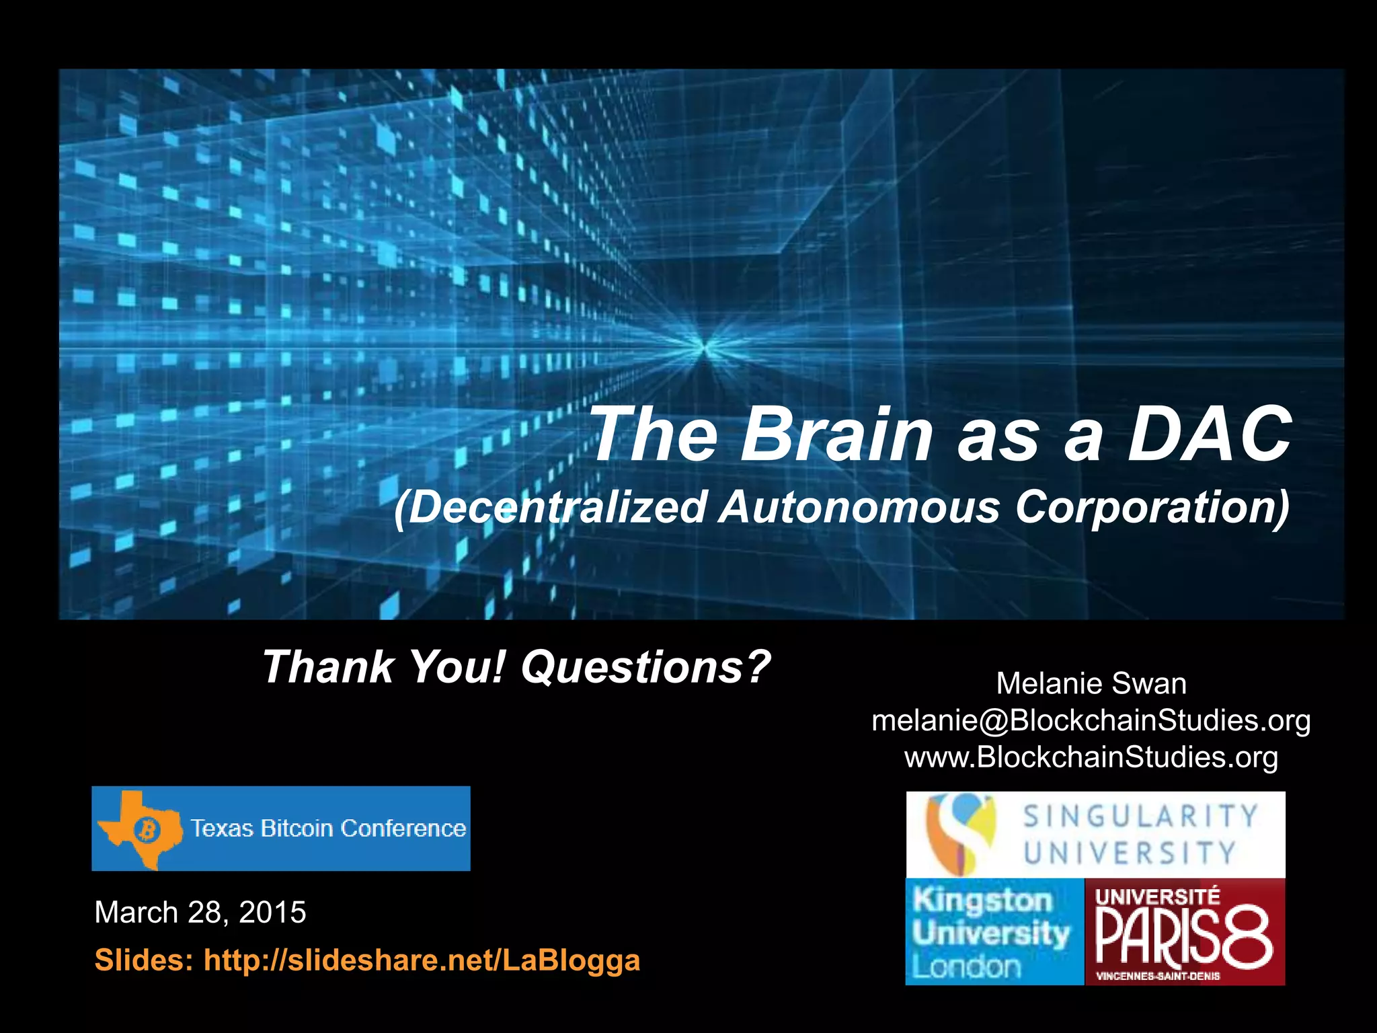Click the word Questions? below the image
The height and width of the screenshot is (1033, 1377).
coord(645,666)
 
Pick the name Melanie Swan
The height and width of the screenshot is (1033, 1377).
coord(1091,683)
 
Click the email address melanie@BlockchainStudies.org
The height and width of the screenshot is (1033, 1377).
coord(1091,720)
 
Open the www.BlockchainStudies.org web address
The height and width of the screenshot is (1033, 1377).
coord(1091,757)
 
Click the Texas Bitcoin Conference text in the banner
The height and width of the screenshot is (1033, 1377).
coord(328,829)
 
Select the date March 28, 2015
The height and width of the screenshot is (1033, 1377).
coord(200,913)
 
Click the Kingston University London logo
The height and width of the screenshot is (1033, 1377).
coord(994,932)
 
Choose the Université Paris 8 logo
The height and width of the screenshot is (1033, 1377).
coord(1185,932)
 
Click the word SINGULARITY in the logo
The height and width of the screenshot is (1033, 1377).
coord(1140,816)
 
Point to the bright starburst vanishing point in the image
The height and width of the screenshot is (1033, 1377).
coord(704,347)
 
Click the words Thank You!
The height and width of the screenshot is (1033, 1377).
coord(383,666)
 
